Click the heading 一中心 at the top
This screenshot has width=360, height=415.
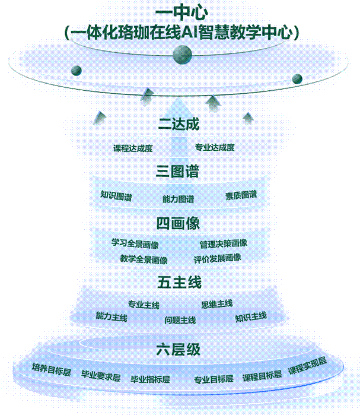pos(181,12)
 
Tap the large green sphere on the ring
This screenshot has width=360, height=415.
pos(182,55)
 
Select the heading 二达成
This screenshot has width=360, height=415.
pos(179,123)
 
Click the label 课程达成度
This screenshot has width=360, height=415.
pos(133,148)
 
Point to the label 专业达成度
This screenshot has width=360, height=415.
pos(215,147)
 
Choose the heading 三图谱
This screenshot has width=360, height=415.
pos(177,171)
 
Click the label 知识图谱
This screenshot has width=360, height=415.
pos(116,196)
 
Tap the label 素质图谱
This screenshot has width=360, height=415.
pos(241,195)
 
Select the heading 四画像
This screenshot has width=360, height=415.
pos(178,223)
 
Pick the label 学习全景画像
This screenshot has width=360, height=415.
pos(135,243)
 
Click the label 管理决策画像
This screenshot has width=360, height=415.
pos(224,243)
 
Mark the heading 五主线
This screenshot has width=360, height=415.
pos(180,282)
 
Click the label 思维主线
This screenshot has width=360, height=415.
pos(216,304)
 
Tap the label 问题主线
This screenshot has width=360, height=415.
pos(180,320)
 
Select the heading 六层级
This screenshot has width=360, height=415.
pos(178,349)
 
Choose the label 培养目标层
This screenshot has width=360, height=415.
pos(51,369)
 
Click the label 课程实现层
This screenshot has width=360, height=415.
pos(307,366)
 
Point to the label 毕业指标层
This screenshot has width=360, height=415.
pos(151,379)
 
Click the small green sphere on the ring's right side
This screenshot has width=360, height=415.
pos(297,78)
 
